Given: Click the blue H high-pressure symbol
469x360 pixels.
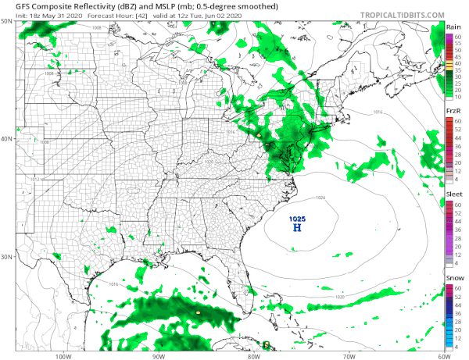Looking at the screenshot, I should point(296,228).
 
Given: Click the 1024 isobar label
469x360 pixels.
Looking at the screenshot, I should point(320,197).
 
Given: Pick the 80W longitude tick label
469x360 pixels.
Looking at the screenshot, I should point(253,356).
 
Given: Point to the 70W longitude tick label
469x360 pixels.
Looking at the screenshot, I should point(348,356).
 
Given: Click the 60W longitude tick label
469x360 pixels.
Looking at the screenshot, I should point(443,356).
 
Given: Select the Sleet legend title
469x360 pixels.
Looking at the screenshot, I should point(453,193).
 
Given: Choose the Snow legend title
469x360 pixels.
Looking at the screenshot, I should point(453,278).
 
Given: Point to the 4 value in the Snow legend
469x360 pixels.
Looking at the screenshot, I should point(460,345).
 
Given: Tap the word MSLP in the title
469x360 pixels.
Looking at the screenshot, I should point(162,5).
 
